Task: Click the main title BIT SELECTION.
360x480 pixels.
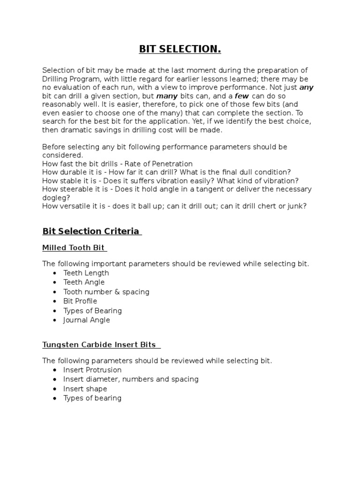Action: click(x=180, y=49)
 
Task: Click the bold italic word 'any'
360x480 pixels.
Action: click(x=306, y=87)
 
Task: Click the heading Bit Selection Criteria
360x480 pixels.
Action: click(x=91, y=231)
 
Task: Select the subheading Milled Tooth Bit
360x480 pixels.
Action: click(x=74, y=247)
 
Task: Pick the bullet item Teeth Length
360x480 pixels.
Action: click(x=86, y=273)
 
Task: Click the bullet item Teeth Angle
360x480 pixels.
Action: click(x=84, y=282)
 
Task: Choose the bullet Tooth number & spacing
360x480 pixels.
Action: click(x=106, y=292)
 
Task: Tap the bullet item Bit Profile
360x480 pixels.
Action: click(x=80, y=301)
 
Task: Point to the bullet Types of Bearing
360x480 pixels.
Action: click(x=92, y=310)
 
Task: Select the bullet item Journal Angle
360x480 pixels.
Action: click(x=87, y=320)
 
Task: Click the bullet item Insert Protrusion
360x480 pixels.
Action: click(x=92, y=370)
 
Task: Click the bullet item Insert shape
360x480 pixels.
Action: click(x=85, y=389)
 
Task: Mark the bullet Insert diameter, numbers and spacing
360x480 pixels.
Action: click(x=131, y=379)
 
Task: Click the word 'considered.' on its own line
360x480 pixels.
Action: click(x=62, y=155)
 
